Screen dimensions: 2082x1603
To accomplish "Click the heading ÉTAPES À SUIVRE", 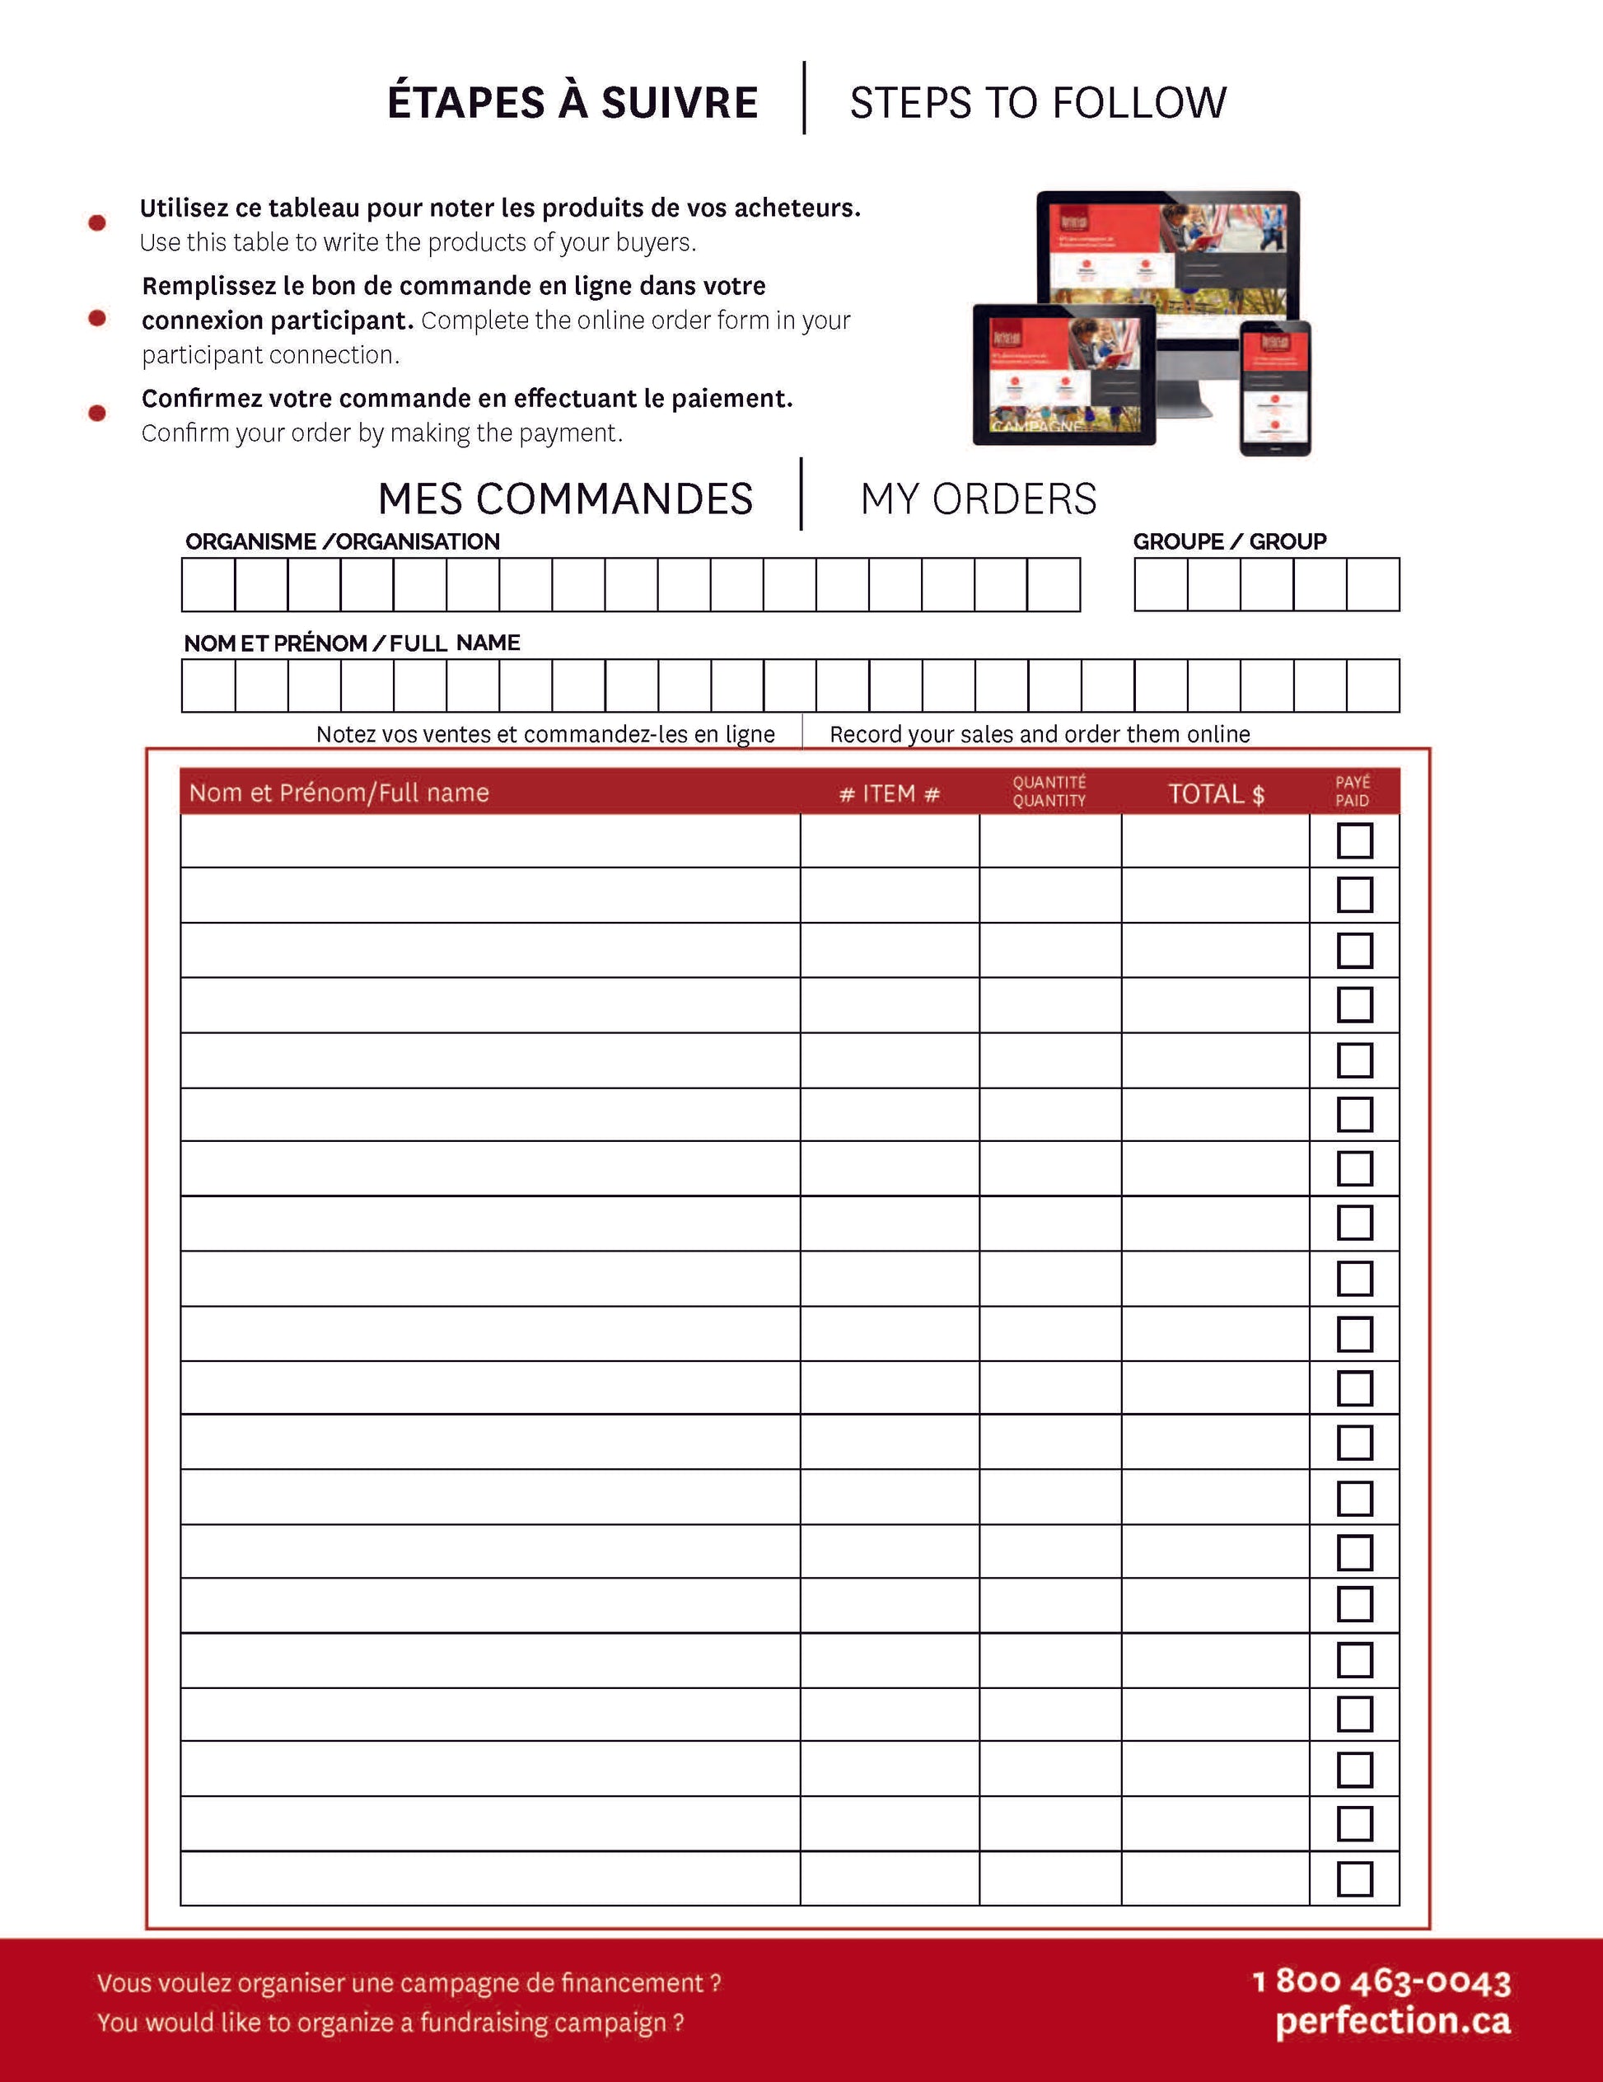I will (x=572, y=102).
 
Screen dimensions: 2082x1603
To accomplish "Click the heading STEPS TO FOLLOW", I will (x=1038, y=102).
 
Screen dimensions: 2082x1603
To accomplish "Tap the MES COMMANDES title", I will (x=565, y=498).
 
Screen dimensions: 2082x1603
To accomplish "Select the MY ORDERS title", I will (x=978, y=498).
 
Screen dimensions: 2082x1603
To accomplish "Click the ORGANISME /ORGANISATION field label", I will (x=342, y=541).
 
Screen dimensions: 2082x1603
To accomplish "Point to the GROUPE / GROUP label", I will (x=1229, y=541).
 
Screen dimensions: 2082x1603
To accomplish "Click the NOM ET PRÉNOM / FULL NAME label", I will (x=352, y=643).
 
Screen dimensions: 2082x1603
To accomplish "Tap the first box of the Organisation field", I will (x=208, y=584).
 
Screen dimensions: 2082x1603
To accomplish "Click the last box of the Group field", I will (x=1372, y=584).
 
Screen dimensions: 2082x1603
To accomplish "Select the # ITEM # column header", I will (x=889, y=793).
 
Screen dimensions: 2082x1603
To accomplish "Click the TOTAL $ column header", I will (x=1216, y=793).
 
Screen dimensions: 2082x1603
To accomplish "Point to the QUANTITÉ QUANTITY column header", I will (x=1049, y=791).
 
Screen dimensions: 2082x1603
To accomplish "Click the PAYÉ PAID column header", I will (x=1353, y=791).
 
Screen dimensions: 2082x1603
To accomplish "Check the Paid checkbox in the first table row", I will (x=1354, y=841).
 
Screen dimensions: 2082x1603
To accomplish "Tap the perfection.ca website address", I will (x=1392, y=2020).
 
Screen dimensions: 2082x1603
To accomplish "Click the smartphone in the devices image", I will (x=1275, y=388).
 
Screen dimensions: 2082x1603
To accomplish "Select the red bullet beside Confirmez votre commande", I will (x=97, y=413).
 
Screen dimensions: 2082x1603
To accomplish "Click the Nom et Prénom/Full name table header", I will (x=339, y=793).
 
